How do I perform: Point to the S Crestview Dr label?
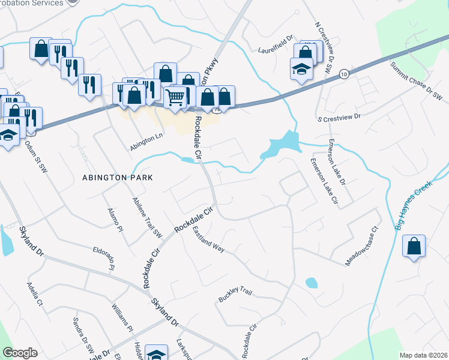pos(340,117)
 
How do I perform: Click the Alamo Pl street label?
pos(115,220)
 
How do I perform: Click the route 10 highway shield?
pos(343,73)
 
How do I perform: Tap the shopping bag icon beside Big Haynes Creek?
pos(414,246)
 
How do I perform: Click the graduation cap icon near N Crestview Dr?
pos(301,69)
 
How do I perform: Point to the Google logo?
pos(20,353)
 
